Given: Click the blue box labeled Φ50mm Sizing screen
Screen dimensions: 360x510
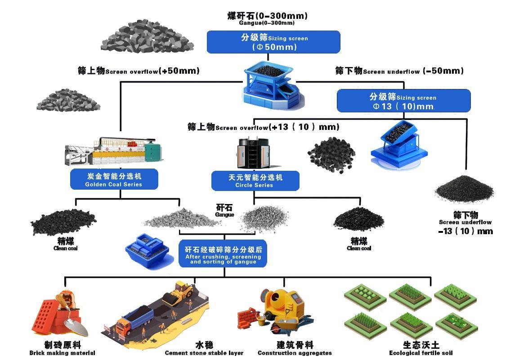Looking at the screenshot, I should point(273,42).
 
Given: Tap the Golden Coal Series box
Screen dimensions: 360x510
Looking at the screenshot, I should point(114,179).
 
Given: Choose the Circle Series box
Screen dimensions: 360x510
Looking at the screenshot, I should point(255,181).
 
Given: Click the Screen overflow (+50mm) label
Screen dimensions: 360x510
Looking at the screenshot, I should point(139,71).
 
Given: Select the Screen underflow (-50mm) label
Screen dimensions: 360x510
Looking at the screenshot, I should point(399,71).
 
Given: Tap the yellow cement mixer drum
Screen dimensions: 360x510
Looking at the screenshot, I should point(278,299).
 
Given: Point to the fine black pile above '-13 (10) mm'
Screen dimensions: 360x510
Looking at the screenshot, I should point(464,189).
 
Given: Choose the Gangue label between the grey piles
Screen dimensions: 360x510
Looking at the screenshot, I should point(224,210).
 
